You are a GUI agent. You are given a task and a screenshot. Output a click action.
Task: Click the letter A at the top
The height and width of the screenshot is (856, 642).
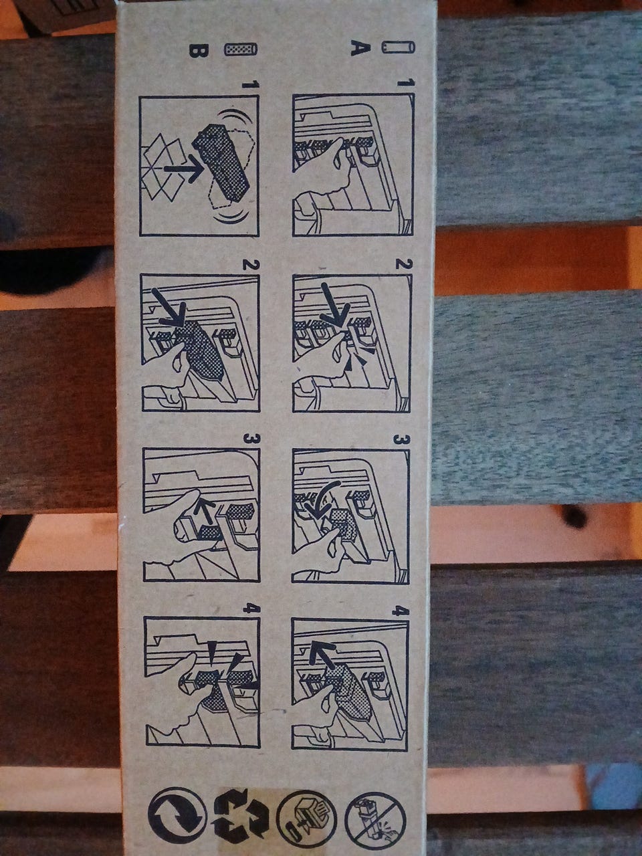pos(360,49)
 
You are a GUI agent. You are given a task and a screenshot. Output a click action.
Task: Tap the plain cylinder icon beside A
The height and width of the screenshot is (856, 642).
pos(399,48)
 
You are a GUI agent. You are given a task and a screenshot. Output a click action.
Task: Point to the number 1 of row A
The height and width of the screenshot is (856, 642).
pos(401,83)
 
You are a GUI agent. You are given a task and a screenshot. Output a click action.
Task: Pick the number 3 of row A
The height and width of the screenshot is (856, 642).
pos(399,440)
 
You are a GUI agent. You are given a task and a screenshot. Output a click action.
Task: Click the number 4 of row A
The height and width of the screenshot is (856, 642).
pos(399,611)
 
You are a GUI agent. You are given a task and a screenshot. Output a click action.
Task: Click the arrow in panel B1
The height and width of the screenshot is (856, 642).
pos(183,169)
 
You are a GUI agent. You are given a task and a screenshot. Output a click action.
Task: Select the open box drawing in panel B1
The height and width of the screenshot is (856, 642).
pos(163,167)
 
